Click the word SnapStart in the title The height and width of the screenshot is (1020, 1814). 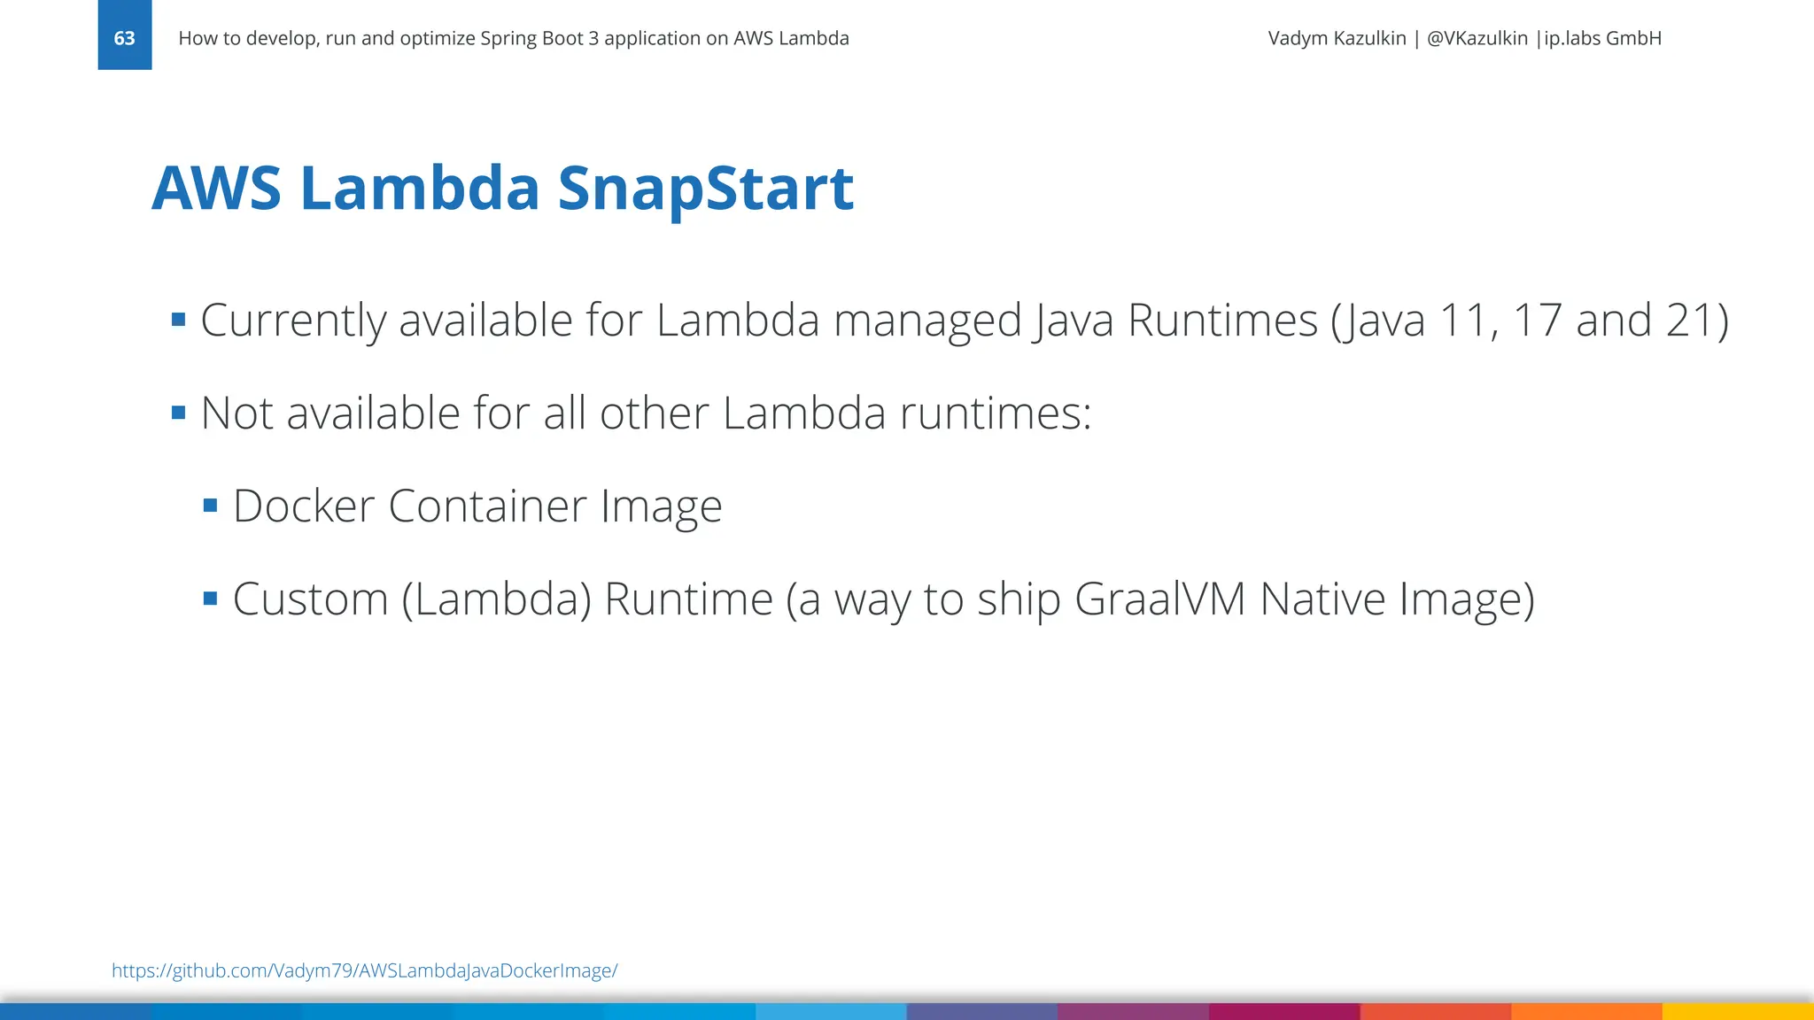click(705, 189)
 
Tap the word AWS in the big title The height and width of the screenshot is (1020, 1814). click(216, 189)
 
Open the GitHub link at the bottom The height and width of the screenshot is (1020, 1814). click(364, 970)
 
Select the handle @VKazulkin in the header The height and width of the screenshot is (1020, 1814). click(1477, 38)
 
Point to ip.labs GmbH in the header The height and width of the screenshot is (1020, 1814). click(1602, 38)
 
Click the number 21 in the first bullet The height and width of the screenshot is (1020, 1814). click(1686, 321)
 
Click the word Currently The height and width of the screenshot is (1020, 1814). click(293, 321)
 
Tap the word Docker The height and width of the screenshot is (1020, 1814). click(304, 506)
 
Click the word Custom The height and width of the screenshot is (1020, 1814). click(310, 599)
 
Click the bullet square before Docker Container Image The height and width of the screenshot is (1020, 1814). click(210, 506)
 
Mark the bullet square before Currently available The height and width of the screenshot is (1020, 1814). click(179, 320)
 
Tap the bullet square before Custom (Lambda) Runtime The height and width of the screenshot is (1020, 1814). click(210, 599)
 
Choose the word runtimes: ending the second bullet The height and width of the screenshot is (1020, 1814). click(996, 413)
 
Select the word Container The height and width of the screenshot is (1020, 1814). click(487, 506)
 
